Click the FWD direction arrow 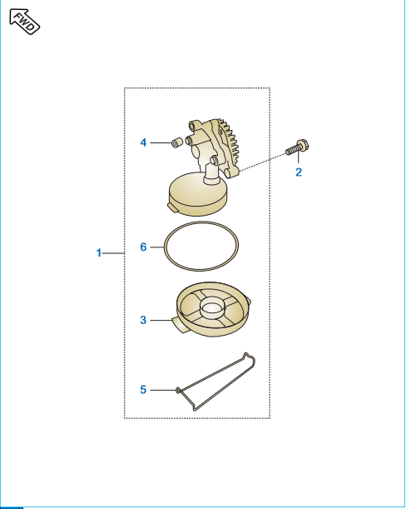click(x=25, y=22)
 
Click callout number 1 click(x=99, y=253)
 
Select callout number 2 click(x=299, y=172)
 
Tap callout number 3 click(x=143, y=320)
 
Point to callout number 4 click(x=143, y=142)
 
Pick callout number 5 click(x=143, y=390)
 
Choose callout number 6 click(x=143, y=247)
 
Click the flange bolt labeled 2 click(x=297, y=147)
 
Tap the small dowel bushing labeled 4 click(x=176, y=142)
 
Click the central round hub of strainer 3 click(x=211, y=308)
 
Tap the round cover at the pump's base click(x=198, y=193)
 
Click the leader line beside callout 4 click(x=161, y=142)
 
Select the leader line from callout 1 click(x=113, y=253)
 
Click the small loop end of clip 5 click(x=178, y=390)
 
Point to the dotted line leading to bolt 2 click(x=263, y=162)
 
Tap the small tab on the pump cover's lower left click(x=172, y=208)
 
